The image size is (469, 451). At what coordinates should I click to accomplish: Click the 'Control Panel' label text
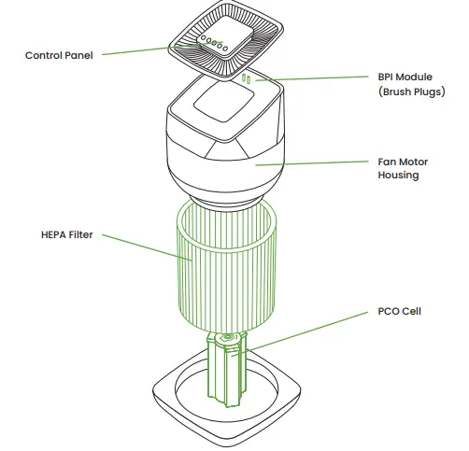point(59,56)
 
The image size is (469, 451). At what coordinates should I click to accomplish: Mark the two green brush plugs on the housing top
point(247,81)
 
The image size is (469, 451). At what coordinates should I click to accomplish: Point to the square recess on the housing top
point(221,97)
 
